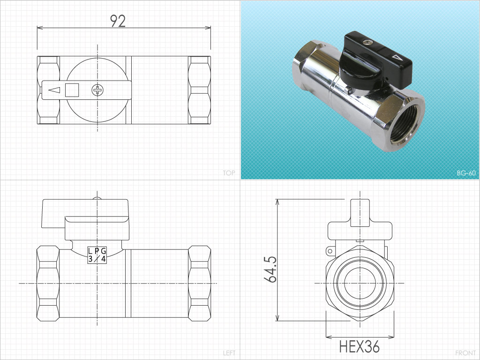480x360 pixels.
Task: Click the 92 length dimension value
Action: pos(118,21)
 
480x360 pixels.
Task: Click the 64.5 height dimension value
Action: pos(270,269)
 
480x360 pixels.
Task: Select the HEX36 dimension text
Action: pos(360,346)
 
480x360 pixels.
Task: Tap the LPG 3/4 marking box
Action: pos(97,255)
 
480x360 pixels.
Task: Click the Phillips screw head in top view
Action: pos(97,90)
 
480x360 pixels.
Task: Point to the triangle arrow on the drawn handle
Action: pos(54,90)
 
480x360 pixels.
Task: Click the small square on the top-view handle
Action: pos(72,90)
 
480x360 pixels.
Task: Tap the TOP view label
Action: pos(229,173)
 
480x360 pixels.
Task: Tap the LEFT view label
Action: pos(229,353)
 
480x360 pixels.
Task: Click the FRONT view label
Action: pos(465,353)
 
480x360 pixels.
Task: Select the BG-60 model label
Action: pos(466,173)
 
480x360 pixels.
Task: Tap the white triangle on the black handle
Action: pos(397,58)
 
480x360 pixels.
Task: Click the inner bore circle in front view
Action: pos(360,283)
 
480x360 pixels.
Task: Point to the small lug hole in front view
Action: pos(330,252)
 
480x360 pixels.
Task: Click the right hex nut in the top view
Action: pos(199,90)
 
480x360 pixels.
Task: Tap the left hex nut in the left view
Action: pos(48,284)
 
